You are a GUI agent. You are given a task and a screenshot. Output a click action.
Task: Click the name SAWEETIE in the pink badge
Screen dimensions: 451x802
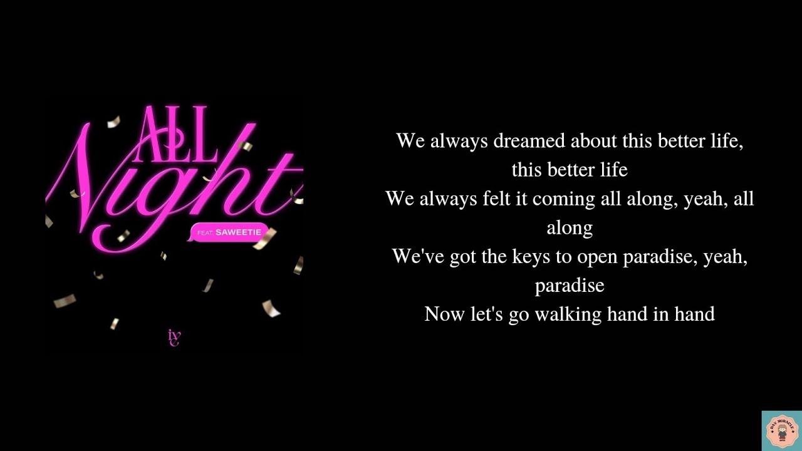point(238,232)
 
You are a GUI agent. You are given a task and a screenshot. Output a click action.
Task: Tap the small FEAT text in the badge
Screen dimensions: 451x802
point(205,233)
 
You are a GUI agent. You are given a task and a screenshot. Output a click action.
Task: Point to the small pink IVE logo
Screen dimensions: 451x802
point(174,338)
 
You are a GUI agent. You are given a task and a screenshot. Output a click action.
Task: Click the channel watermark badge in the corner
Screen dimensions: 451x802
point(781,431)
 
